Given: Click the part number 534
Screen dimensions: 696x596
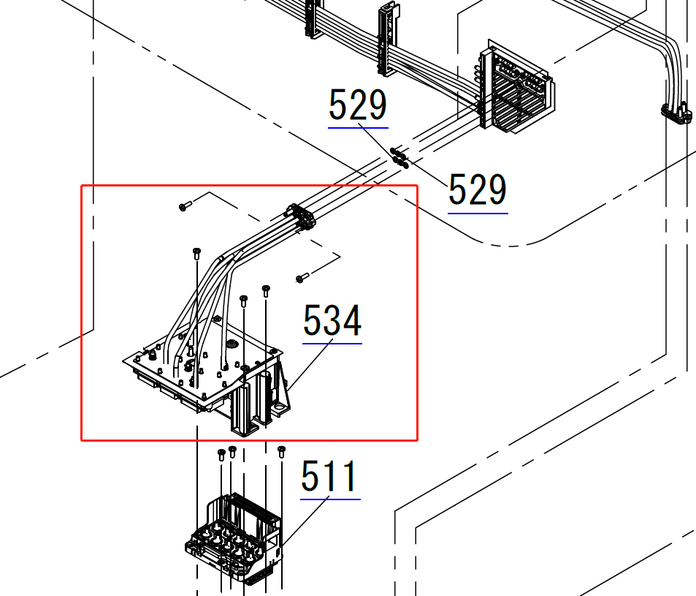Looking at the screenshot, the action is coord(332,320).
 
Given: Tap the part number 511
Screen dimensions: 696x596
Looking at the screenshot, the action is coord(329,476).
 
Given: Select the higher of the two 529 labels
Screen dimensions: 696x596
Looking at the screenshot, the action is coord(358,105).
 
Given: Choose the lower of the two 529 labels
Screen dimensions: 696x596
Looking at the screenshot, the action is coord(478,190).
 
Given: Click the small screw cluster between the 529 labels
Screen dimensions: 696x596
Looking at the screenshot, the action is coord(399,158).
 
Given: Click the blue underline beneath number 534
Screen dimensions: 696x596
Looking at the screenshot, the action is coord(332,344).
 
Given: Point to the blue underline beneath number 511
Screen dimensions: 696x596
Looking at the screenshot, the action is coord(330,499).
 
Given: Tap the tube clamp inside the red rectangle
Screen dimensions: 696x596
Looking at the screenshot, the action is coord(300,216).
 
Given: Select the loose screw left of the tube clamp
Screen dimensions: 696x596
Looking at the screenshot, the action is coord(185,205).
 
